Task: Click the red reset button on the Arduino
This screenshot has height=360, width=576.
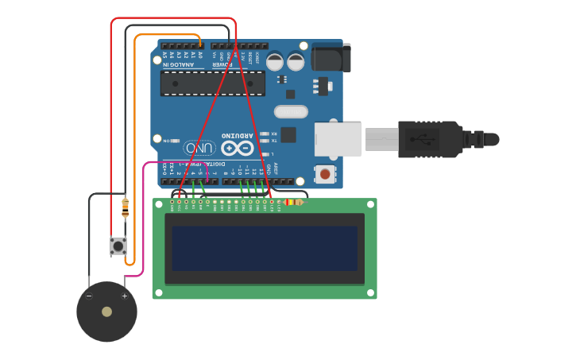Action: coord(325,174)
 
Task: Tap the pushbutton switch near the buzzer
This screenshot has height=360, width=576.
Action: coord(118,246)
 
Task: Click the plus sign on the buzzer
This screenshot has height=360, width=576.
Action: coord(124,296)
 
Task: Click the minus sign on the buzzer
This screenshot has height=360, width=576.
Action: coord(89,296)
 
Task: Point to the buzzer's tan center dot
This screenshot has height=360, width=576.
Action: coord(106,312)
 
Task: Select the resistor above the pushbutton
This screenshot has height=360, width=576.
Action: coord(125,208)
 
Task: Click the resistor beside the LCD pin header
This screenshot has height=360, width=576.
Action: coord(292,202)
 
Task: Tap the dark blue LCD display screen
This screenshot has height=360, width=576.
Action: coord(265,248)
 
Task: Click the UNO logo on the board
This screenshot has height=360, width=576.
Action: coord(199,147)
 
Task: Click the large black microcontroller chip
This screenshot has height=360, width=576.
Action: coord(213,83)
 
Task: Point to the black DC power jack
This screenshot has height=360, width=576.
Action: coord(331,57)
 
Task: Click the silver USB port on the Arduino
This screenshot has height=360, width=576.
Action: coord(338,139)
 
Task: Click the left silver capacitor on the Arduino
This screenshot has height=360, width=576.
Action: coord(275,61)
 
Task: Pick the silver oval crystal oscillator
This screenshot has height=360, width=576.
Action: coord(291,112)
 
